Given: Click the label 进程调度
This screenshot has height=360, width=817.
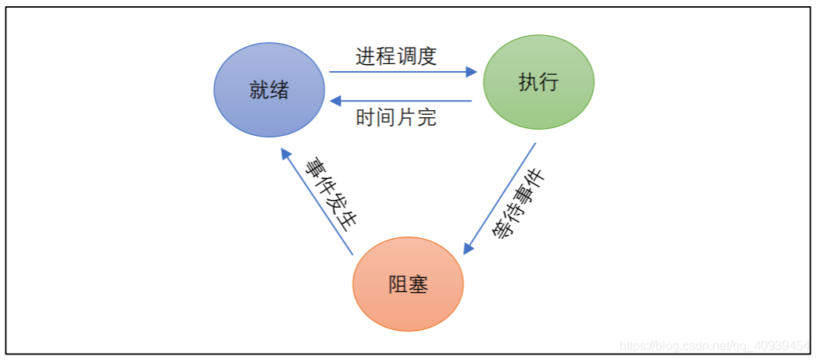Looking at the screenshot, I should pos(396,57).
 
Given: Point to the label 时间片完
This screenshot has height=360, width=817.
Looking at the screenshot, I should pos(396,118).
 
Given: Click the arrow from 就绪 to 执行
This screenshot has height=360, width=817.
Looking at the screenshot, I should pos(402,72).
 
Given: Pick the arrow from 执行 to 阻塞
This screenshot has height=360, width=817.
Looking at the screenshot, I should pos(500,198).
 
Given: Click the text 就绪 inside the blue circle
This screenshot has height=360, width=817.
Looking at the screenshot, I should pos(269,90).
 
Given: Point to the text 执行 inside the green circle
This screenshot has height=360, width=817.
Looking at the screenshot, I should pos(538,82).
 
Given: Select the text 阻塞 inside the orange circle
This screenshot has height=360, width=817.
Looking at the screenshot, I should pos(408,284).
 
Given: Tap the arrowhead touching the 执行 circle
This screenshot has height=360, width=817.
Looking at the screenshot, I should pos(472,72).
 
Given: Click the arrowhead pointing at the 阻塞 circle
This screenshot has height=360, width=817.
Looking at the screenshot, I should pos(469,248).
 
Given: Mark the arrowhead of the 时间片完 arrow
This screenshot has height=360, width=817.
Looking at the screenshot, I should pos(334,101).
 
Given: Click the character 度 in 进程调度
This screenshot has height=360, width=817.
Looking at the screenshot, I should pos(426,57).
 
